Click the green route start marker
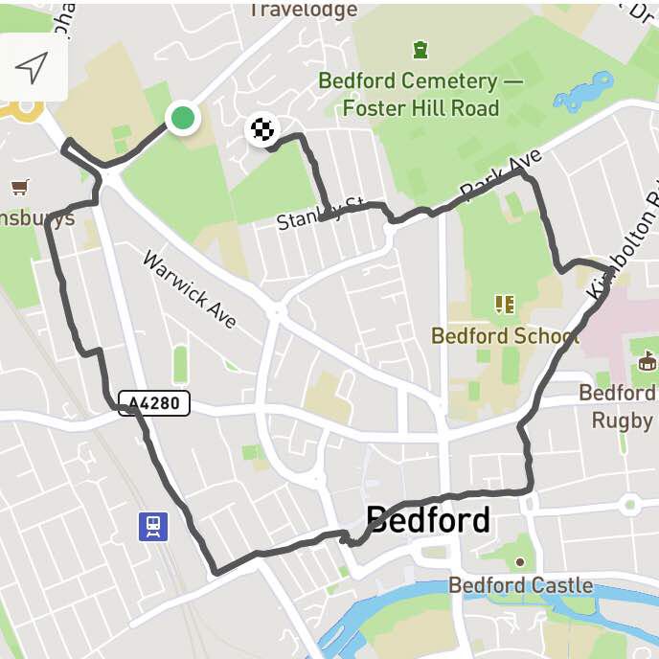coord(182,119)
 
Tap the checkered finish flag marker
coord(261,128)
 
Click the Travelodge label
coord(303,11)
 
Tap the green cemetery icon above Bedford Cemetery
coord(420,48)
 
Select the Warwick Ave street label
coord(189,289)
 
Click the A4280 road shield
coord(153,403)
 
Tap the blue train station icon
coord(153,526)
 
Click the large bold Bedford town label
coord(428,520)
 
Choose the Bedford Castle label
coord(520,585)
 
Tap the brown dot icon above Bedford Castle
coord(520,562)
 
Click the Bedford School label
coord(505,336)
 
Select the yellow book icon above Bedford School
coord(505,305)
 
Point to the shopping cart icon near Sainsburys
coord(19,186)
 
